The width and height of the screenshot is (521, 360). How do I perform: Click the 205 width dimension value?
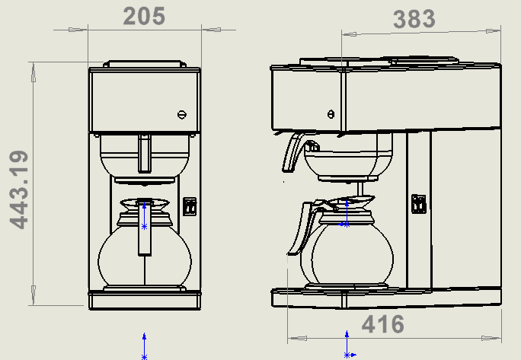(x=144, y=16)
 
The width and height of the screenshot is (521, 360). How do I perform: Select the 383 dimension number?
(x=414, y=19)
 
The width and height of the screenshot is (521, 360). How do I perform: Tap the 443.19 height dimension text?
(x=21, y=189)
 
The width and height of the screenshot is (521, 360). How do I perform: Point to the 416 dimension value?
(x=382, y=325)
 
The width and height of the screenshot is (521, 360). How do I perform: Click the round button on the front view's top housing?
(x=181, y=114)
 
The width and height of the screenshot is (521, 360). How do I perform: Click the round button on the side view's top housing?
(x=330, y=114)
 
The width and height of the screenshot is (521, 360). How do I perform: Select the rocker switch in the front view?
(x=190, y=206)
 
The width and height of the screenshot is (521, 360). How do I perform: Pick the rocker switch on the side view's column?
(x=418, y=204)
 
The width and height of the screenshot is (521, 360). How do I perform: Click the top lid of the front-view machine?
(x=145, y=64)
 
